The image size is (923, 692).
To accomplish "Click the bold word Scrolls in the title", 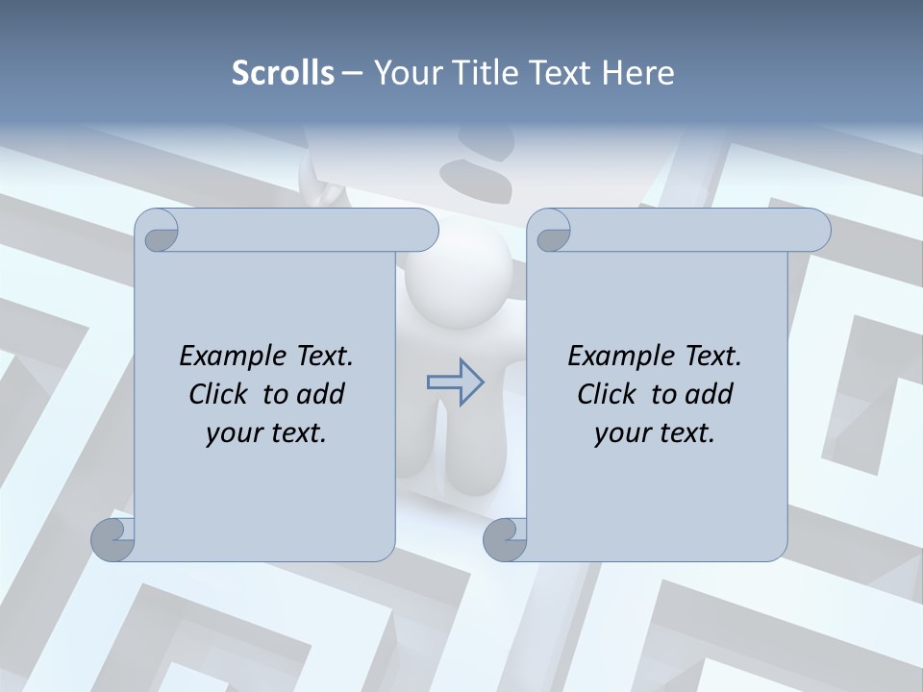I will pyautogui.click(x=284, y=72).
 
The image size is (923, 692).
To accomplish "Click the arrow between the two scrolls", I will pyautogui.click(x=456, y=383).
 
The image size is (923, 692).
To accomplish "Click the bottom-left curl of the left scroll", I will pyautogui.click(x=112, y=539).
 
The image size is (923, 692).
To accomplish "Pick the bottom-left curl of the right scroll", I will pyautogui.click(x=505, y=539).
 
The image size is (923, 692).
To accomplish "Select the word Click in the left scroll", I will pyautogui.click(x=221, y=394).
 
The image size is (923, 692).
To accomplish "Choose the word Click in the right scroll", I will pyautogui.click(x=608, y=394).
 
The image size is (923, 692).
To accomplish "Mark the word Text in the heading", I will pyautogui.click(x=561, y=72).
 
